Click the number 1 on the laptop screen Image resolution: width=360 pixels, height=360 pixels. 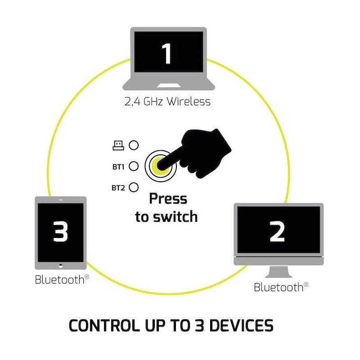click(x=167, y=54)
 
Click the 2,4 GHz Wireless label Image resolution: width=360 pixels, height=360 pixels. click(x=167, y=101)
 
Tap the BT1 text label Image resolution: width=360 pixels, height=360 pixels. click(x=118, y=166)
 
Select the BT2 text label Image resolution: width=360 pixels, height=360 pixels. click(x=118, y=187)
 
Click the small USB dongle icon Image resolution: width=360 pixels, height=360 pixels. click(x=118, y=145)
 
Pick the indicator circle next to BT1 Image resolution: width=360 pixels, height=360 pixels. click(x=133, y=166)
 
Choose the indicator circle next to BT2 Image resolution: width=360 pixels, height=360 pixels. click(x=133, y=187)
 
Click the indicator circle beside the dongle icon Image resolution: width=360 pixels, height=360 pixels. click(x=133, y=145)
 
